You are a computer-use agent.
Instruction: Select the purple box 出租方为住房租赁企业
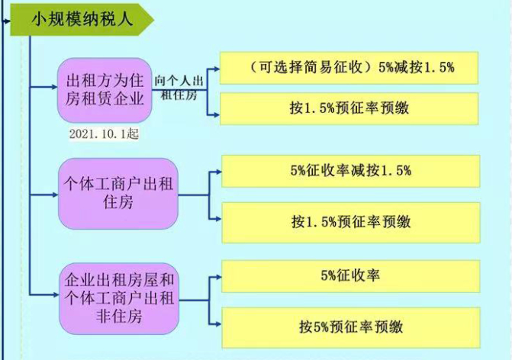(106, 90)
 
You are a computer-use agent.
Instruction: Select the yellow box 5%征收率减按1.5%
(350, 171)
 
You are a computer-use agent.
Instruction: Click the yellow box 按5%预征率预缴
(350, 328)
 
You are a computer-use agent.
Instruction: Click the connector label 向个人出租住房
(181, 87)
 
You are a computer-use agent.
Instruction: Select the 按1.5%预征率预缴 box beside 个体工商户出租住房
(350, 222)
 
